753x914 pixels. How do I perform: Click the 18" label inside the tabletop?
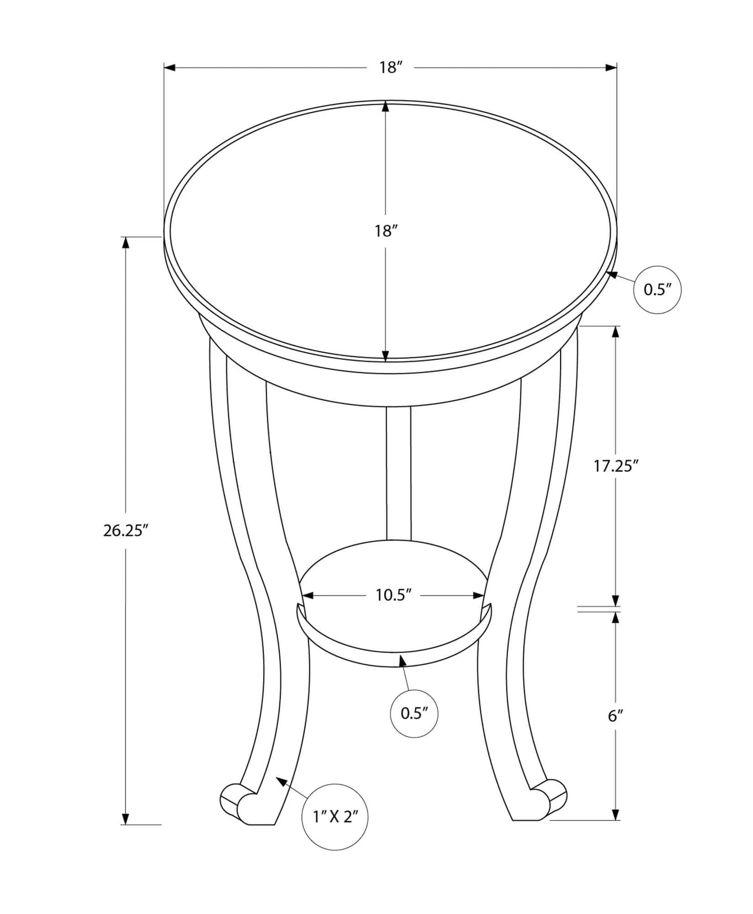386,231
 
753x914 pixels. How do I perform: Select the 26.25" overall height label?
126,530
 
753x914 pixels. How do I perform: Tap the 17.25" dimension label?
616,466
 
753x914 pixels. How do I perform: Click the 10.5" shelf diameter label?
394,595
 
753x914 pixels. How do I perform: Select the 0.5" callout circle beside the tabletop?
657,289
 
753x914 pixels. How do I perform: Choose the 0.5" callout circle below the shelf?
414,713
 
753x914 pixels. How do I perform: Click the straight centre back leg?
399,472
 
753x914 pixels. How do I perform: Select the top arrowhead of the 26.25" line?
125,243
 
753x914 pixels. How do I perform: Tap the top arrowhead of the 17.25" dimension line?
615,331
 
